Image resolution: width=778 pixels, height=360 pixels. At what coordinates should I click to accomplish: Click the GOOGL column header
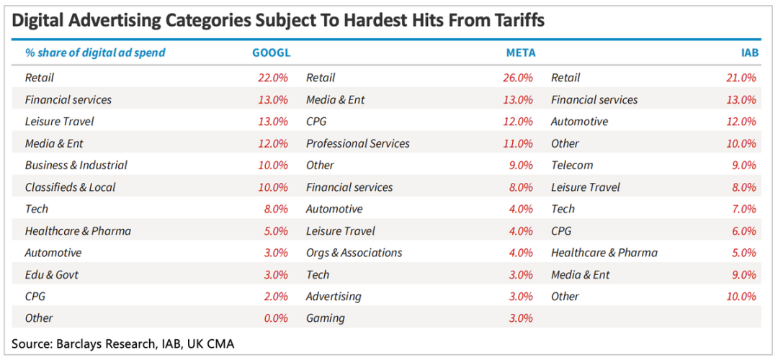pyautogui.click(x=270, y=53)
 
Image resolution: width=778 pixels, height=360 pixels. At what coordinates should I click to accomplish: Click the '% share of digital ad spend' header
pyautogui.click(x=95, y=53)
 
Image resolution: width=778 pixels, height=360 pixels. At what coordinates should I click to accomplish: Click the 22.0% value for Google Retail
pyautogui.click(x=273, y=78)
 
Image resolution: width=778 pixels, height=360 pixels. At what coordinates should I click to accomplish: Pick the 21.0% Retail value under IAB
pyautogui.click(x=741, y=78)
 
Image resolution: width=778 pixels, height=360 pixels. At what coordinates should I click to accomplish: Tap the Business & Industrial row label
pyautogui.click(x=76, y=165)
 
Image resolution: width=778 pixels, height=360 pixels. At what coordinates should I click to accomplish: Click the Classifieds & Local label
pyautogui.click(x=70, y=187)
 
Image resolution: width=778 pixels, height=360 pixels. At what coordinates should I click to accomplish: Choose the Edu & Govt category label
pyautogui.click(x=52, y=274)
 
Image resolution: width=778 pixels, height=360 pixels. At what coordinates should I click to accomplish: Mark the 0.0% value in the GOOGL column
pyautogui.click(x=275, y=318)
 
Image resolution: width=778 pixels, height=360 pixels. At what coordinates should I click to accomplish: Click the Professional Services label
pyautogui.click(x=357, y=143)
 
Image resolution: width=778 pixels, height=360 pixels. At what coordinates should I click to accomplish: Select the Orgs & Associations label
pyautogui.click(x=354, y=253)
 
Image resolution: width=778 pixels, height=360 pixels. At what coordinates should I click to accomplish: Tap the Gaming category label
pyautogui.click(x=325, y=318)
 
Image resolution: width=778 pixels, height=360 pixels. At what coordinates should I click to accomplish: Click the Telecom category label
pyautogui.click(x=572, y=165)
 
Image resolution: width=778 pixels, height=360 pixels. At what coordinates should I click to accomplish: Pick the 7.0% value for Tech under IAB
pyautogui.click(x=743, y=209)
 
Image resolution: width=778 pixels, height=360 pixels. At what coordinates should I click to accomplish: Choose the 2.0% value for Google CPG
pyautogui.click(x=275, y=296)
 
